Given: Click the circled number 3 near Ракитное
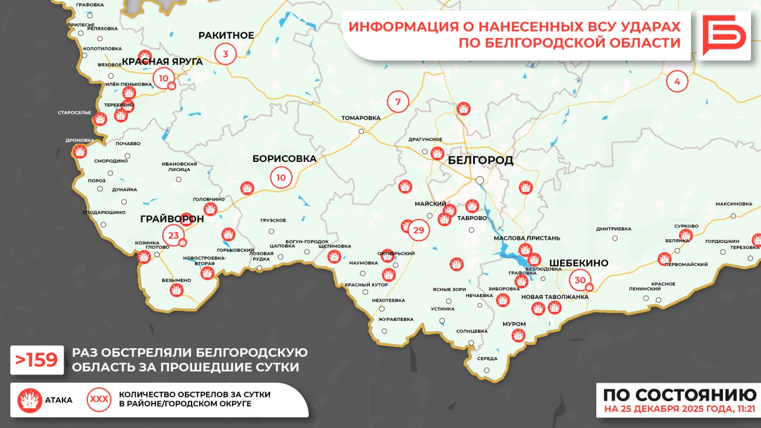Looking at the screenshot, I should [x=225, y=54].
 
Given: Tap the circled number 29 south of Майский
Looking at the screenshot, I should [x=419, y=230].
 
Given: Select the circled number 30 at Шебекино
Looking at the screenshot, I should [x=580, y=280].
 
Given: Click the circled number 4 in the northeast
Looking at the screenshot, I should [x=677, y=81].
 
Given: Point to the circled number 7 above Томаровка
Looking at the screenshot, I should [x=398, y=102].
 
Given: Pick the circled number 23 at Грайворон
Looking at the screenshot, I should [x=173, y=235].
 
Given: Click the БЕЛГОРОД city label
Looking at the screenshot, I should [x=480, y=161].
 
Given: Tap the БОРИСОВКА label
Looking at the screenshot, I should [x=284, y=159].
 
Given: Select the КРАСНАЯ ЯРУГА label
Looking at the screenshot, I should [x=162, y=61].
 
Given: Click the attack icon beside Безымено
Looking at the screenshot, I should [x=176, y=290].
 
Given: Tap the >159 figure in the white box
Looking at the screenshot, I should [x=37, y=360].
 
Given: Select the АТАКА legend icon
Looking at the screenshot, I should [x=29, y=400].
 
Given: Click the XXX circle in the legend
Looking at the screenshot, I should [x=99, y=399].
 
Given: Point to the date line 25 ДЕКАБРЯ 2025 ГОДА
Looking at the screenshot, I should [x=680, y=410].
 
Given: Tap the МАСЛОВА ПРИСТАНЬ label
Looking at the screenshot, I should [x=527, y=238].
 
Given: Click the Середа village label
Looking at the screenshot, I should [x=487, y=358].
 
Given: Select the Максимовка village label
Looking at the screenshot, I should [x=734, y=204].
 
